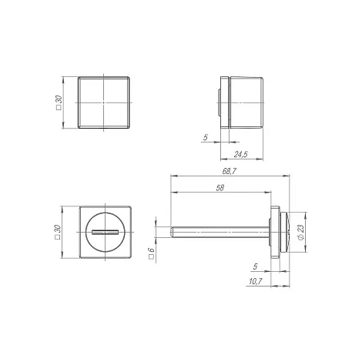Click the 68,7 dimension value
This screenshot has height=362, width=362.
pos(229,171)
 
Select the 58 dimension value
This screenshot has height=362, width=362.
pos(220,188)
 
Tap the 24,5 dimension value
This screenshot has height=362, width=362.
pos(241,154)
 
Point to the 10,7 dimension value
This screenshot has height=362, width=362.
pos(255,282)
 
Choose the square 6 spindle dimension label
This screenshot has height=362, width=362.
pos(152,253)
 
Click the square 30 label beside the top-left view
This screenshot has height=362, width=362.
pos(59,102)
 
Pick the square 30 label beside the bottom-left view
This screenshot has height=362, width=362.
pos(57,232)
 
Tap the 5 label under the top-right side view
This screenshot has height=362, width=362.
pos(205,138)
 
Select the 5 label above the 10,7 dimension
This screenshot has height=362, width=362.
pos(255,266)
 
